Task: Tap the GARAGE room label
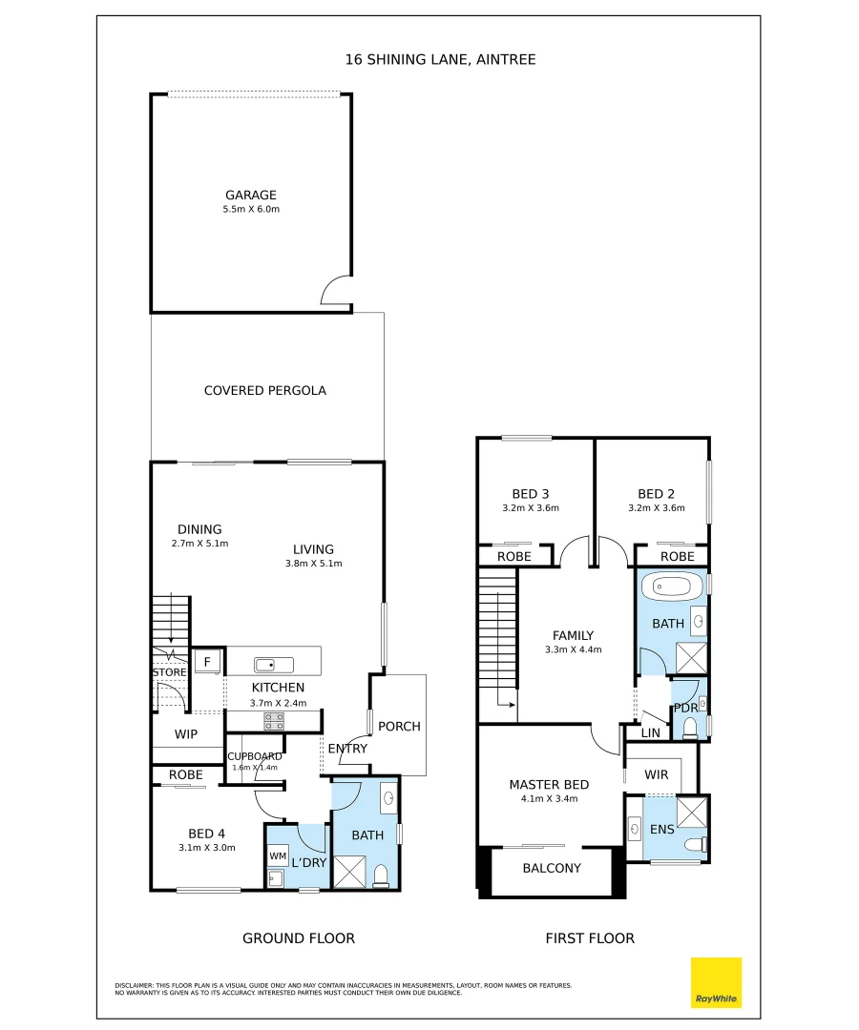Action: (x=251, y=196)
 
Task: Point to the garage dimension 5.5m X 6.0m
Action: (x=251, y=209)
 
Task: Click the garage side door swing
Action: (x=336, y=292)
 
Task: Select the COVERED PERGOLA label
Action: (x=265, y=390)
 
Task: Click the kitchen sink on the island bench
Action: (x=265, y=664)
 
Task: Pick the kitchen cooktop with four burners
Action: (x=274, y=721)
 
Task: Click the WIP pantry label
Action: (x=186, y=734)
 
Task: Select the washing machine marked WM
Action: (x=277, y=856)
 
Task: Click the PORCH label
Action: (x=399, y=726)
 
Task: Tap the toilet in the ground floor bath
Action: (x=381, y=876)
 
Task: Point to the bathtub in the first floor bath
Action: (x=671, y=585)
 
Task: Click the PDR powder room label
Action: (x=684, y=708)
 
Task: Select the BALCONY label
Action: (x=552, y=868)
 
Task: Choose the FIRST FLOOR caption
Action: (x=590, y=938)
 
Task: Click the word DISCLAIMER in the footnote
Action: (x=135, y=985)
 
